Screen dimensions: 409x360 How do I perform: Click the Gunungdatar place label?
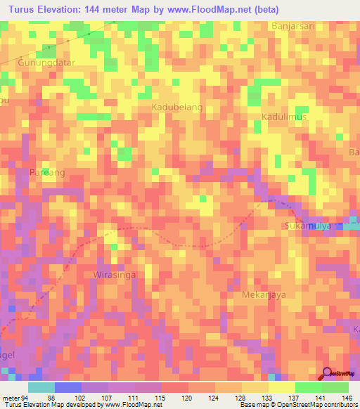46,62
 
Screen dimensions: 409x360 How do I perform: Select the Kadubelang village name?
177,107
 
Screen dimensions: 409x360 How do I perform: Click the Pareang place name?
49,172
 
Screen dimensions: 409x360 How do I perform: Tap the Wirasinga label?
115,275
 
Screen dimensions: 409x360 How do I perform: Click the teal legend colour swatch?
41,387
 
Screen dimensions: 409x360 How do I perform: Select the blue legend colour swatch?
68,387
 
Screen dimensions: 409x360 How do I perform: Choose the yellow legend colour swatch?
281,387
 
